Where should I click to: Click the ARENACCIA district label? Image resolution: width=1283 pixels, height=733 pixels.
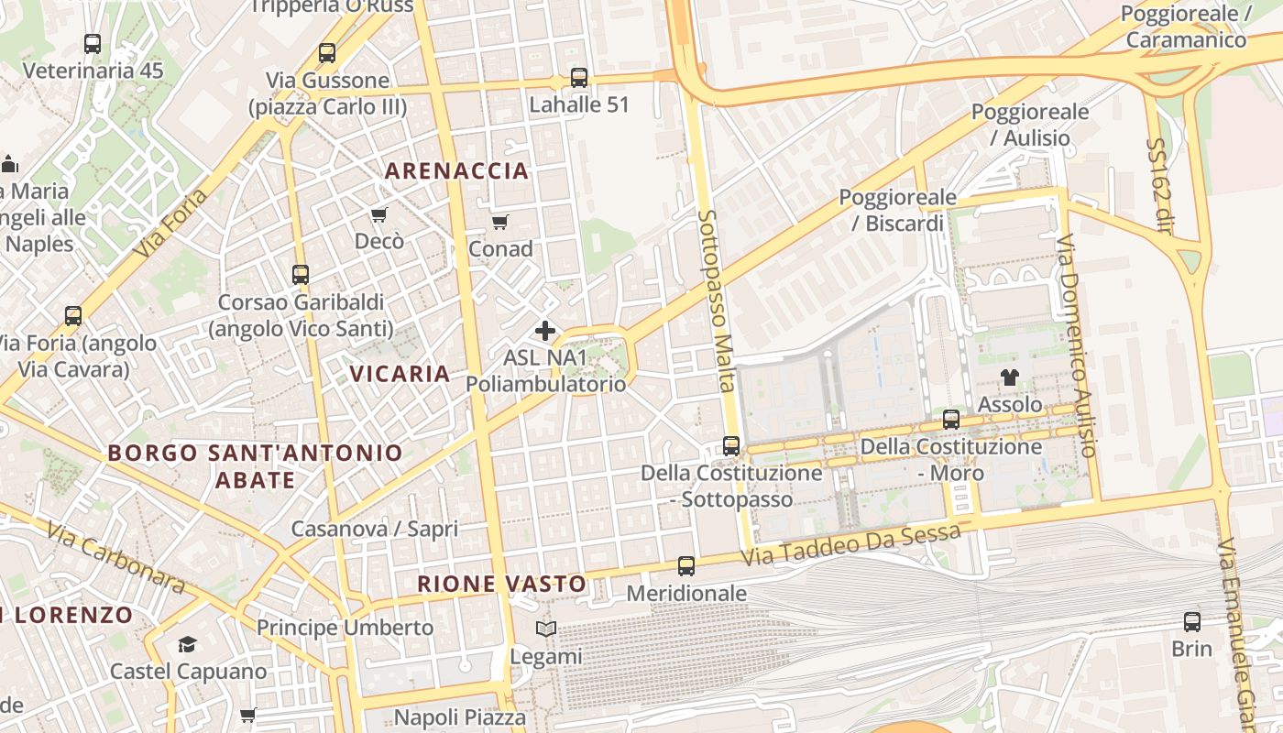456,170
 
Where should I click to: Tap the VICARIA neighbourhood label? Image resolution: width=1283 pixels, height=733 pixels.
400,374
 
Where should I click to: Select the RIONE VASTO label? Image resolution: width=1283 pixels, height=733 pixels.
501,584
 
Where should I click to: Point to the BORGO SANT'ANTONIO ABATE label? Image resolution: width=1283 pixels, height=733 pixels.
255,465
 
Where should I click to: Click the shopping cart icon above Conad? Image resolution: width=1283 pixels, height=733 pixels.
500,222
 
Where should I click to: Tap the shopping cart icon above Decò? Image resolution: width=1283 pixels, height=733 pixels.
378,214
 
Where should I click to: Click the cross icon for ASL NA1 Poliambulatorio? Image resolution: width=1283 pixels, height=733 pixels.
545,330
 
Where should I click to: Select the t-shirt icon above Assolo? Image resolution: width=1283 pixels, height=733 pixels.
1010,377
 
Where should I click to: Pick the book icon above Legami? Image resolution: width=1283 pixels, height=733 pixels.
546,629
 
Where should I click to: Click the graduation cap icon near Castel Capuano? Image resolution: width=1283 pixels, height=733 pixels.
188,644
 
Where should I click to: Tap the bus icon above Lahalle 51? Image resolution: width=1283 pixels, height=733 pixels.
579,78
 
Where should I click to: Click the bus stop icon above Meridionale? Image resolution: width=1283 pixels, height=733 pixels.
686,566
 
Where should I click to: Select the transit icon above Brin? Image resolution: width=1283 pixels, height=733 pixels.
1191,622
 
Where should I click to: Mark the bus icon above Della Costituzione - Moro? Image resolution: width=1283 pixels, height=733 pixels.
951,420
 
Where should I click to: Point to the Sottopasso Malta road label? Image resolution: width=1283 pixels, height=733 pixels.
718,301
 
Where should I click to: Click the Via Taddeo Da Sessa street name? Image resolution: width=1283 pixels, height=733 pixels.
851,544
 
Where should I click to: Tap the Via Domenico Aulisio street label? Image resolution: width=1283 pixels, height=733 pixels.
1076,345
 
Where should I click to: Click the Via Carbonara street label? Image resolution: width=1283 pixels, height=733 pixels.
115,558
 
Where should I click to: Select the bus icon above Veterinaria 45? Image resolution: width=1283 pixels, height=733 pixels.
93,43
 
